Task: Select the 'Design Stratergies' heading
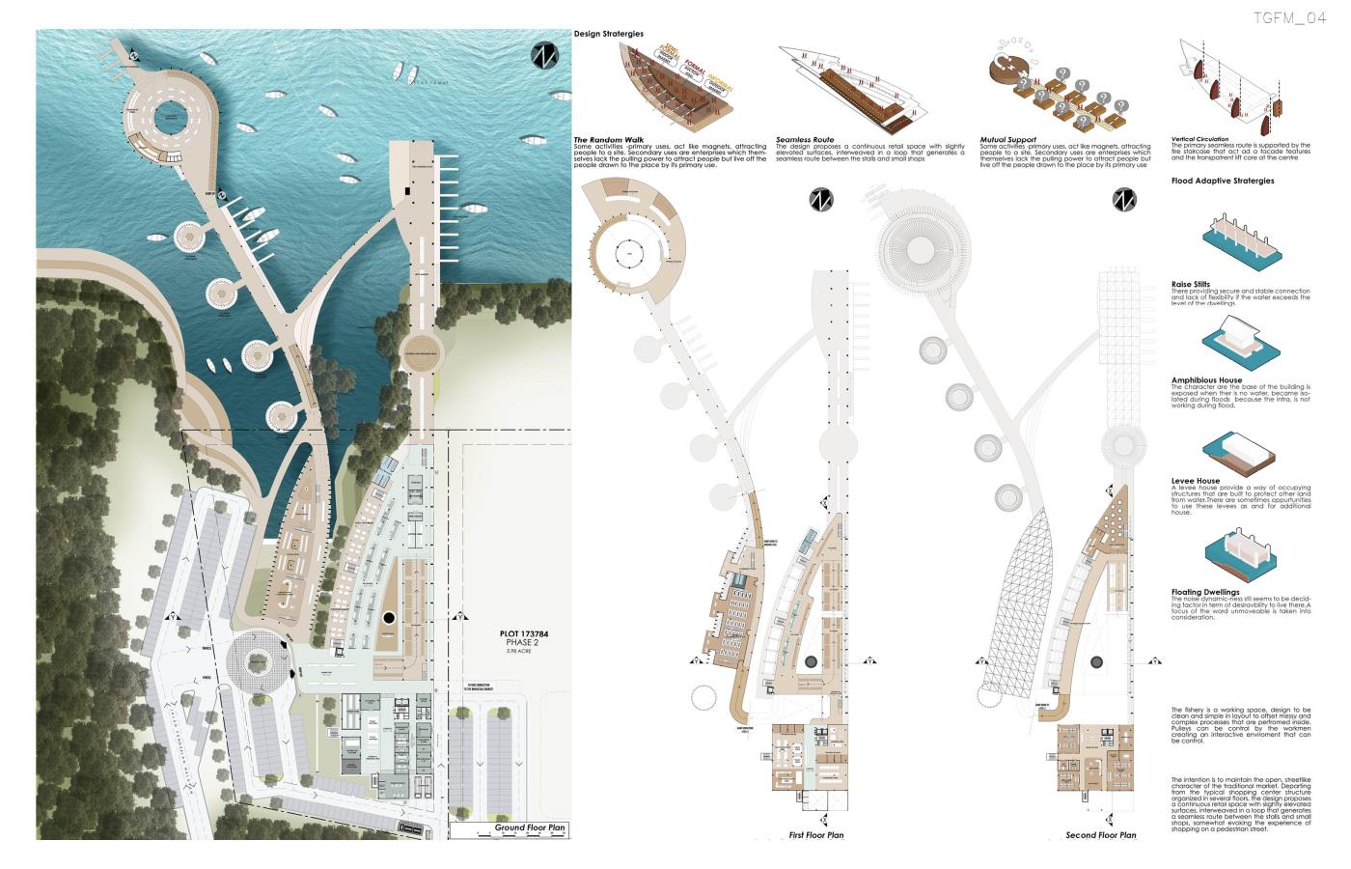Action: click(x=609, y=34)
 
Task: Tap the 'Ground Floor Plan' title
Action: click(x=530, y=828)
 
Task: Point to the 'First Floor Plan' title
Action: click(x=816, y=835)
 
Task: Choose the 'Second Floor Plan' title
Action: click(x=1100, y=835)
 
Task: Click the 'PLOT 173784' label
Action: click(x=522, y=634)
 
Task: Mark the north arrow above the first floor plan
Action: click(x=821, y=200)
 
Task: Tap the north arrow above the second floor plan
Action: click(x=1124, y=200)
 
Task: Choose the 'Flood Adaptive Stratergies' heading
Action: click(x=1223, y=181)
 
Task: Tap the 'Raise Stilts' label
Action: click(x=1191, y=285)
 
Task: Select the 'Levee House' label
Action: click(x=1196, y=481)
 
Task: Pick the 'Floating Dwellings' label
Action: click(x=1205, y=592)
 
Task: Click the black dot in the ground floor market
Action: click(x=388, y=618)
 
